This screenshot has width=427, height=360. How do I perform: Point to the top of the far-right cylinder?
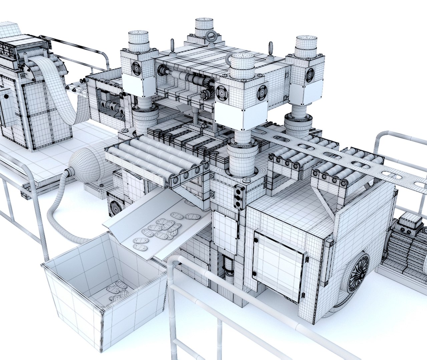click(x=305, y=40)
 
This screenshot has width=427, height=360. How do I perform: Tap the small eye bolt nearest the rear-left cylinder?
click(x=172, y=45)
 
